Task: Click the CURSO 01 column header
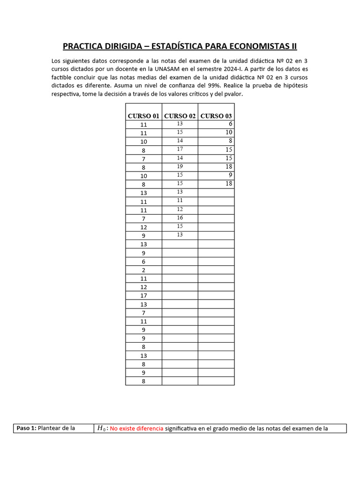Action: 143,116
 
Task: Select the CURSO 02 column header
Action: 180,116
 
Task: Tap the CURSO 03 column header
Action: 216,116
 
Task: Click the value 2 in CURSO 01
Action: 143,270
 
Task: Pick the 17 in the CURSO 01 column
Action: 143,296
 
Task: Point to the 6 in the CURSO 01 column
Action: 143,262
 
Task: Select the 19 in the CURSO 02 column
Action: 180,166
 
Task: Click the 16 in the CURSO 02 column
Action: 180,217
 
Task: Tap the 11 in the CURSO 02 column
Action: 180,200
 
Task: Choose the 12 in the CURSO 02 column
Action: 180,209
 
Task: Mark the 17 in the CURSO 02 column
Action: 180,149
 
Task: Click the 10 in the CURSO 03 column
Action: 229,132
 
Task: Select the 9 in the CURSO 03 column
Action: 231,175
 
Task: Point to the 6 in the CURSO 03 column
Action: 231,124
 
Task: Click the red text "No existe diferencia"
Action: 137,428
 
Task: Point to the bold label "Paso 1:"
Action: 26,428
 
